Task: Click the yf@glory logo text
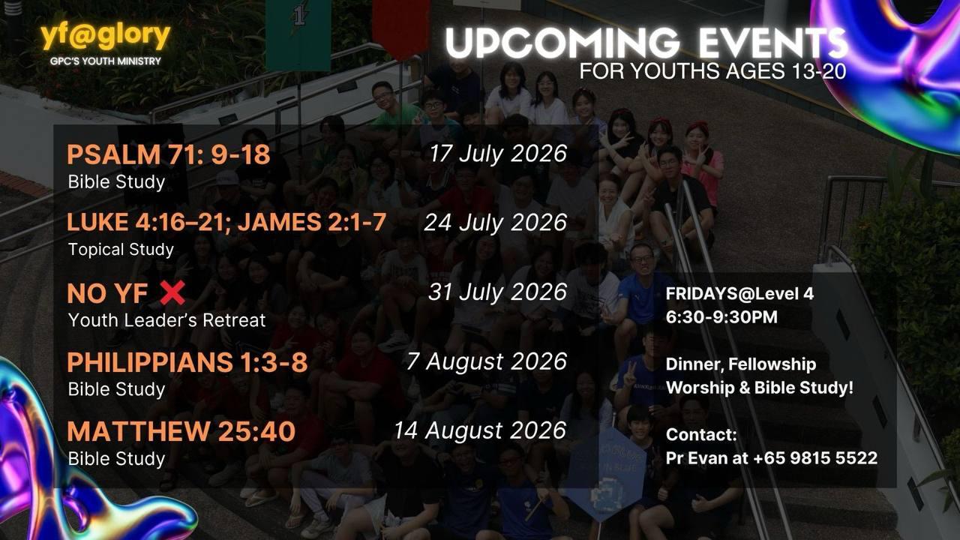[x=106, y=37]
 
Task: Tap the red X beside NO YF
[x=172, y=292]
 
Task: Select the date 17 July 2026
[x=498, y=154]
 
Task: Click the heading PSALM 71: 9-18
[x=169, y=154]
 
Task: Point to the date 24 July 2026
[x=496, y=223]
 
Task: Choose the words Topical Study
[x=121, y=250]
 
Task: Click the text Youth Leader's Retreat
[x=166, y=320]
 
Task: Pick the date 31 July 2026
[x=497, y=292]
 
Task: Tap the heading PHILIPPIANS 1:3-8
[x=187, y=362]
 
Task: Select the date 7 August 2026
[x=487, y=361]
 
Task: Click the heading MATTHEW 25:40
[x=181, y=431]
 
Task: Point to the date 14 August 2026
[x=480, y=430]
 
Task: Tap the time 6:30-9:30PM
[x=721, y=317]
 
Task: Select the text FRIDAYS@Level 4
[x=739, y=294]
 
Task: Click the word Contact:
[x=701, y=434]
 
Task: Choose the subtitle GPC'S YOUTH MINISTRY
[x=106, y=61]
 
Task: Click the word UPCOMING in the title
[x=562, y=43]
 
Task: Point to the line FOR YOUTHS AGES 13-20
[x=712, y=71]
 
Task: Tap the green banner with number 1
[x=298, y=34]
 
